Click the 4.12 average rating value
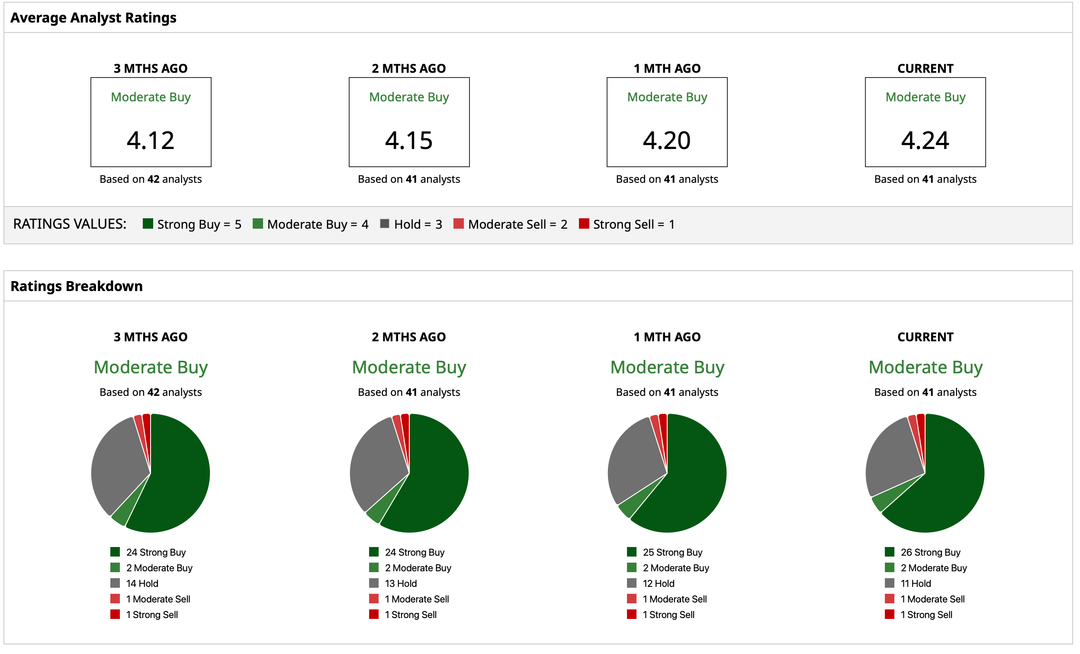point(150,140)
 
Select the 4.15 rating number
point(408,140)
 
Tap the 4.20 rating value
point(667,140)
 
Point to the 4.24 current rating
point(925,140)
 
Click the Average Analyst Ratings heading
point(93,18)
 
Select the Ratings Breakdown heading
point(76,286)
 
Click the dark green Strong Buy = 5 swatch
point(148,223)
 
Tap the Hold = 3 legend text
point(418,224)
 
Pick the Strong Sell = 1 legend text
point(633,224)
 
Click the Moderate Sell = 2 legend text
point(517,224)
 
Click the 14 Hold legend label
point(142,583)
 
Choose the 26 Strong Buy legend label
point(930,552)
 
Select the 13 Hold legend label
point(401,583)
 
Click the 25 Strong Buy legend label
point(672,552)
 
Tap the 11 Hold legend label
point(916,583)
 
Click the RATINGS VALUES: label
point(70,224)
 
